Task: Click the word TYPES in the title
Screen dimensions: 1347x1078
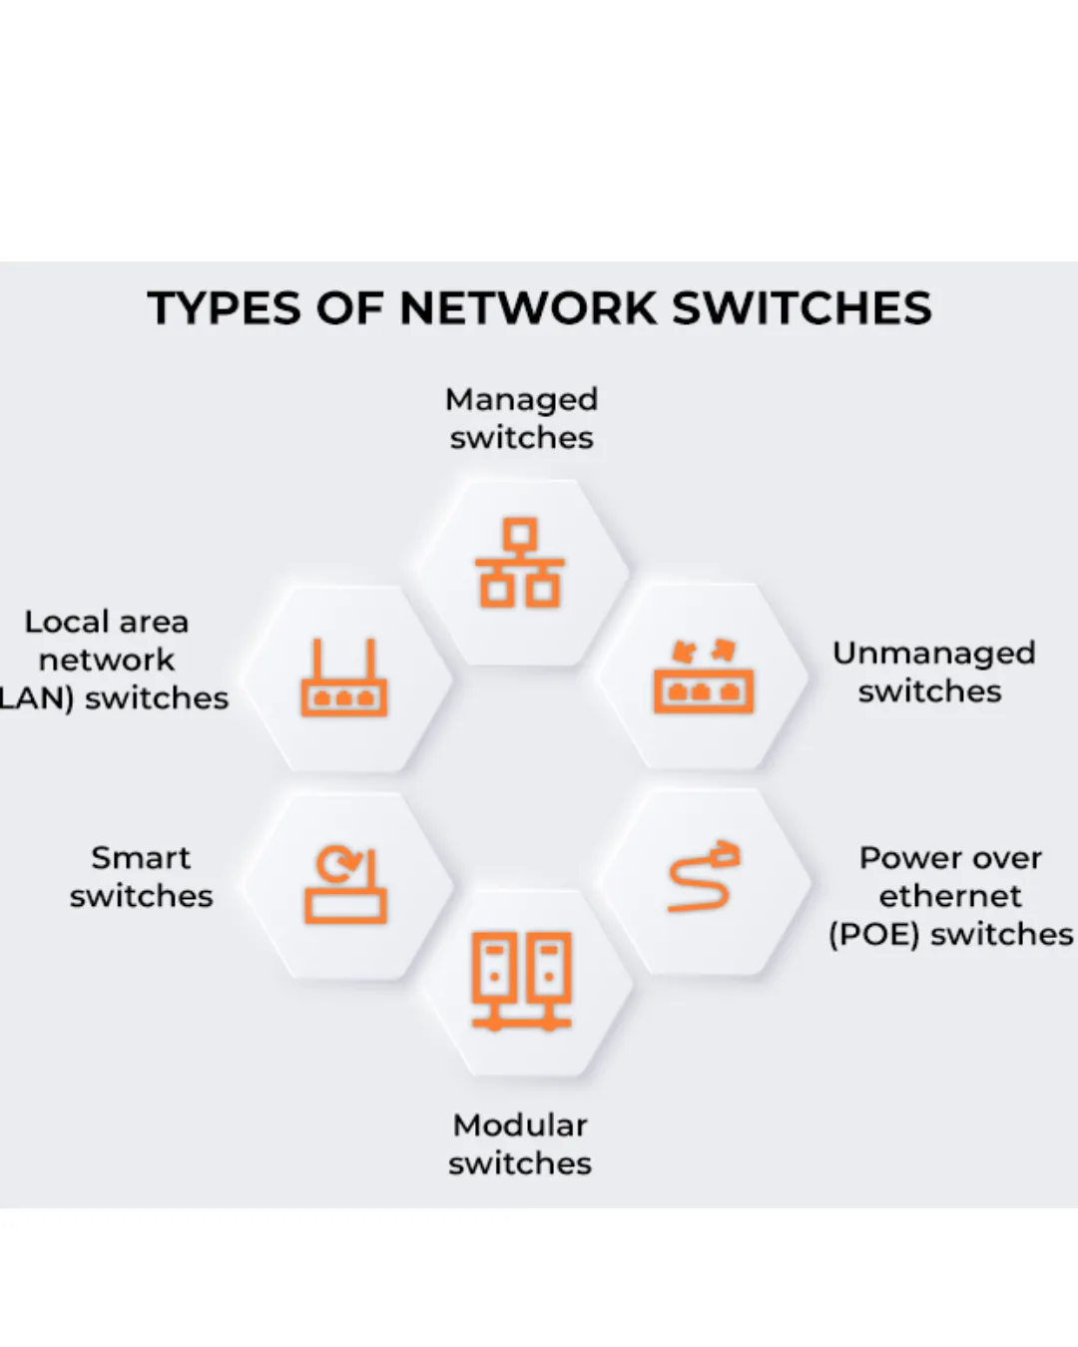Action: [225, 308]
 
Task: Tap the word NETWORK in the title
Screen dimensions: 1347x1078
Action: [529, 308]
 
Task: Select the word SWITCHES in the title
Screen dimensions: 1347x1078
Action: [802, 308]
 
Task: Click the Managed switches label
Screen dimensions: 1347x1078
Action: [521, 418]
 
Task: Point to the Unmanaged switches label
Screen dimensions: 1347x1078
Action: [933, 672]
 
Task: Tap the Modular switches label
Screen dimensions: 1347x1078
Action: [520, 1143]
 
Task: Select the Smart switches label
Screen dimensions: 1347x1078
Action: [141, 876]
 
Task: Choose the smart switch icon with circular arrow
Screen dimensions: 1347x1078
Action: [345, 885]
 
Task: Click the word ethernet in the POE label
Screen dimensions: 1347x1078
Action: [950, 896]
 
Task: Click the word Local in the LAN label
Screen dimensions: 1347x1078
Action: [67, 622]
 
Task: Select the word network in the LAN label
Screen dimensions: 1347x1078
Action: [107, 660]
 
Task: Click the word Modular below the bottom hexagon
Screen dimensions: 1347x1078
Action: [520, 1124]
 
